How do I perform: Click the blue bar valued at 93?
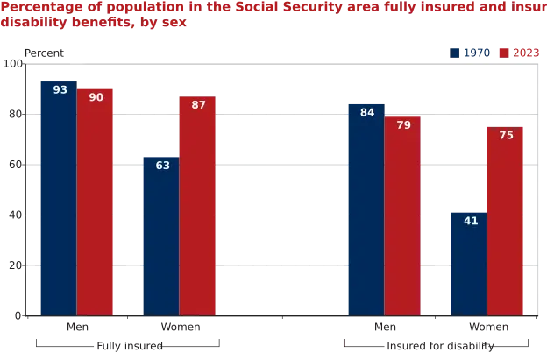pyautogui.click(x=56, y=196)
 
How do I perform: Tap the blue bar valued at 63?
pyautogui.click(x=160, y=235)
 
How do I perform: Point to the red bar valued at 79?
pyautogui.click(x=402, y=215)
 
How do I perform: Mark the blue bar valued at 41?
pyautogui.click(x=469, y=263)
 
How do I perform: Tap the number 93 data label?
pyautogui.click(x=60, y=90)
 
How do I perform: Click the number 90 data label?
pyautogui.click(x=96, y=96)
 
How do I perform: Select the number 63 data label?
pyautogui.click(x=163, y=165)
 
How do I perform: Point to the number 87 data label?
pyautogui.click(x=198, y=105)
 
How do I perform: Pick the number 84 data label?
pyautogui.click(x=367, y=112)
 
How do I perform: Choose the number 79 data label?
pyautogui.click(x=402, y=125)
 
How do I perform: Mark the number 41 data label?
pyautogui.click(x=471, y=221)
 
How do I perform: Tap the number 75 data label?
pyautogui.click(x=507, y=136)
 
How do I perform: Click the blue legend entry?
pyautogui.click(x=468, y=53)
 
